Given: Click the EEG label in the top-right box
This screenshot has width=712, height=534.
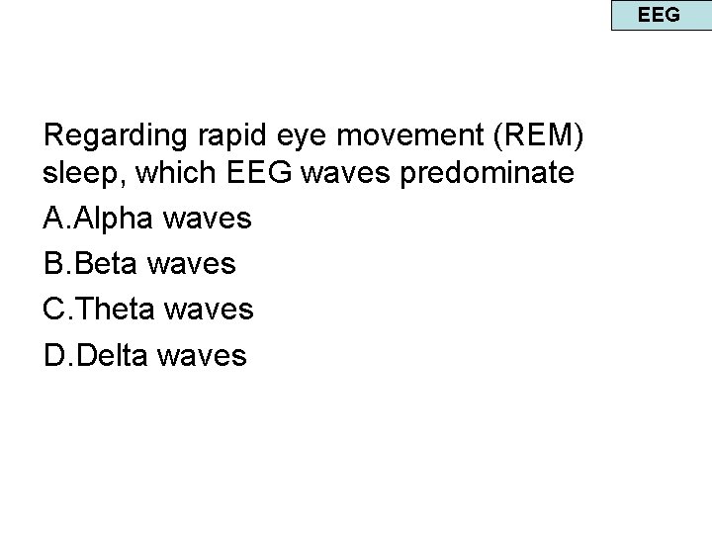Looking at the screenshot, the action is tap(659, 15).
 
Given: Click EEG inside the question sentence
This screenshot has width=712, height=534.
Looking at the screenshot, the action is tap(260, 174).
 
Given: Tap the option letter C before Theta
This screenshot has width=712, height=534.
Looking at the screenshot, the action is tap(55, 309).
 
